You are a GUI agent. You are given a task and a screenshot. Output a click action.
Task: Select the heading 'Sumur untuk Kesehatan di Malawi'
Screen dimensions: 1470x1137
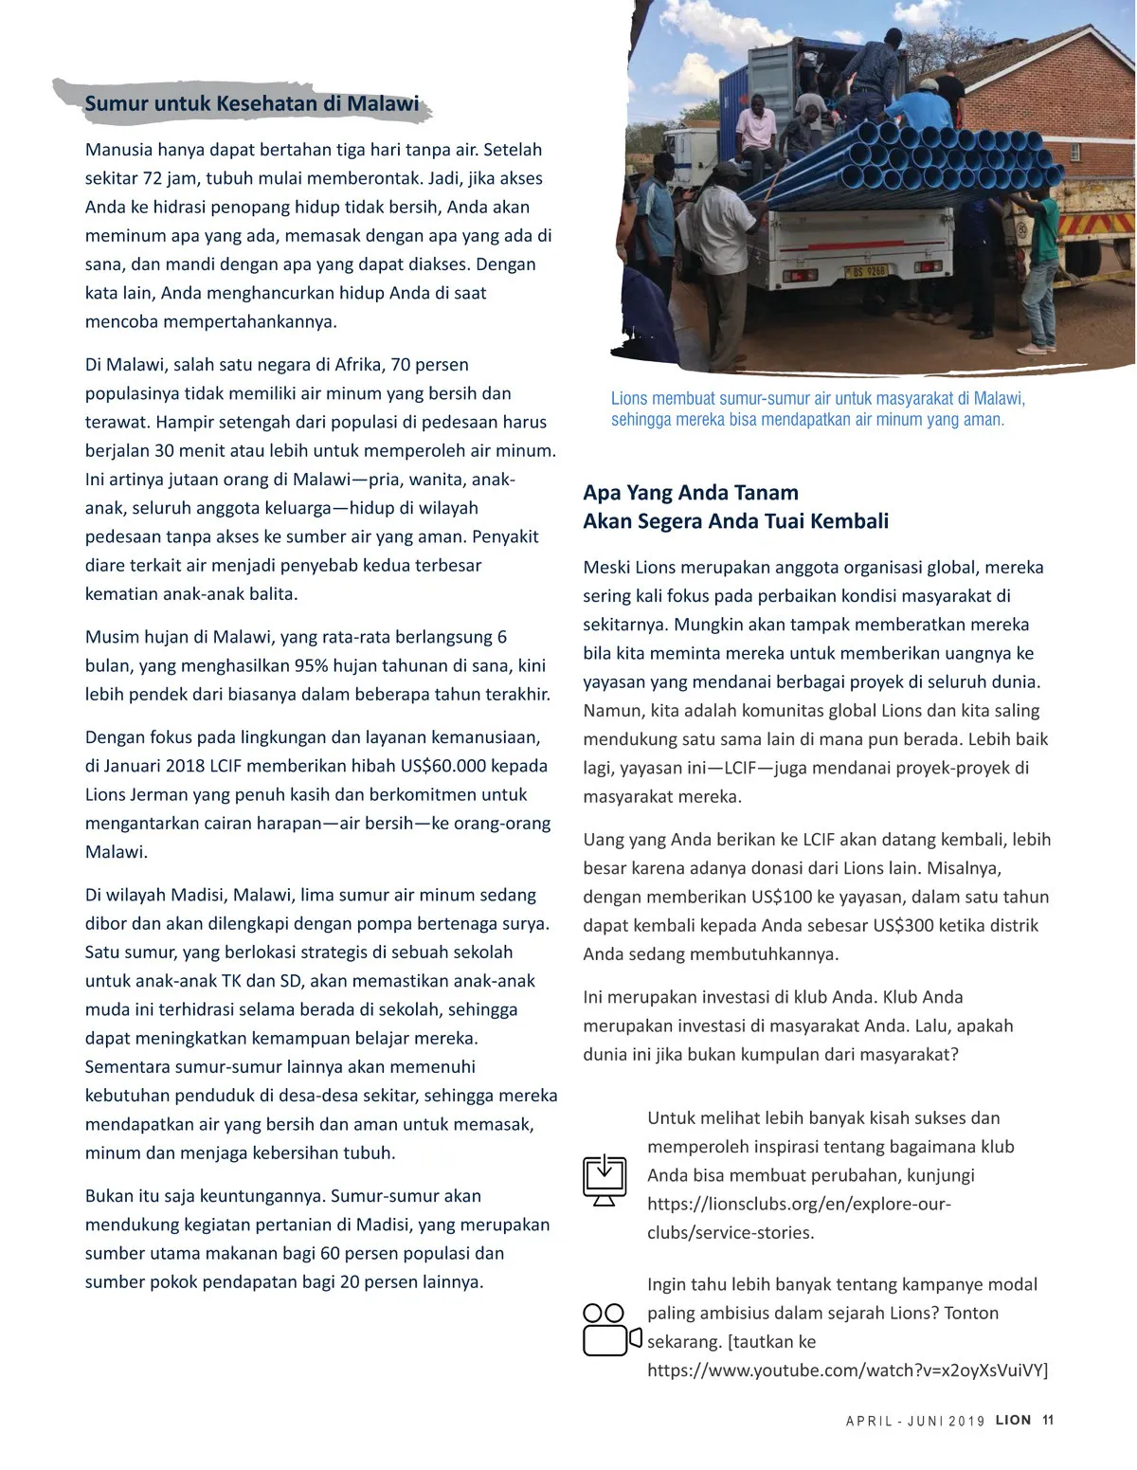tap(251, 103)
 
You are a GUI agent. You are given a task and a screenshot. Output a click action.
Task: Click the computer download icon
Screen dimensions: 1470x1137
tap(605, 1180)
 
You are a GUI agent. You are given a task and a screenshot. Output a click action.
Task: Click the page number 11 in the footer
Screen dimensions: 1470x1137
tap(1047, 1420)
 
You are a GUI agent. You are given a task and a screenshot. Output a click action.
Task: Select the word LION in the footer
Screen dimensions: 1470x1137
tap(1013, 1420)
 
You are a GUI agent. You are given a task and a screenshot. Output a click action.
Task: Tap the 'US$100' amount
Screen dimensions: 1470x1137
tap(795, 897)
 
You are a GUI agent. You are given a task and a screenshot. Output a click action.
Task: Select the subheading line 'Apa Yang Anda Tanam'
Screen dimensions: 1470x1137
tap(691, 492)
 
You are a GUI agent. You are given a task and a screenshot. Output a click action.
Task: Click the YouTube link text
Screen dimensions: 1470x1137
tap(847, 1370)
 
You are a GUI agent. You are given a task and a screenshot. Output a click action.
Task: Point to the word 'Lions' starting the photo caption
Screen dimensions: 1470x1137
tap(630, 398)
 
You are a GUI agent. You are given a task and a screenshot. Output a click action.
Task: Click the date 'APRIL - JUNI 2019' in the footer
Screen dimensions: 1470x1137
tap(915, 1421)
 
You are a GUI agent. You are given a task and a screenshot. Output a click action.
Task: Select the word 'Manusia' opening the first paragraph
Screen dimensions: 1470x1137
tap(118, 149)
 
